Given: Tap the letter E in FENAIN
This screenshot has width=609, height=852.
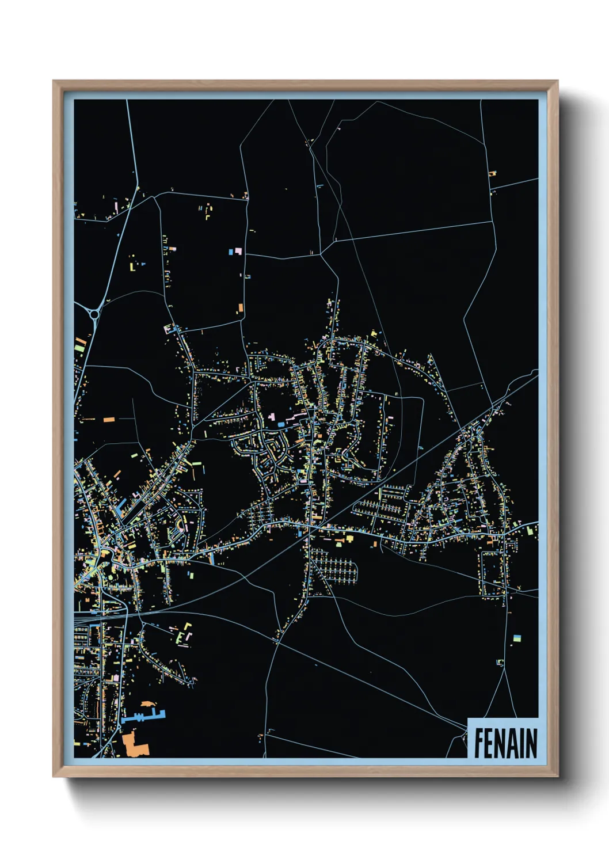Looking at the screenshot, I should pos(490,743).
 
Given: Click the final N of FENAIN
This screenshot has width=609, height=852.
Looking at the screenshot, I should pos(532,743).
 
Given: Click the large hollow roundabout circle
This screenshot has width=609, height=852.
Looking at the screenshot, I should pos(94,314).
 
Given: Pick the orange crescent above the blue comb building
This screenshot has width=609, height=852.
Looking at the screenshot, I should pos(148,704).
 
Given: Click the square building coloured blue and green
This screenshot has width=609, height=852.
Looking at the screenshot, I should pos(517,638).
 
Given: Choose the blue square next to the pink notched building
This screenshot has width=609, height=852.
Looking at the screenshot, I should pos(231,252).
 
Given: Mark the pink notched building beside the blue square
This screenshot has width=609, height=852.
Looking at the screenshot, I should pos(238,252).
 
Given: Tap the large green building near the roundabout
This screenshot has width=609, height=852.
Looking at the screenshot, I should pos(79,347).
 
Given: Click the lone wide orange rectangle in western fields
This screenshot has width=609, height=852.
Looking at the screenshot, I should pos(108,420).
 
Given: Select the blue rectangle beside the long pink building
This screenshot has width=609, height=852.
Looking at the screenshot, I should pos(280,424).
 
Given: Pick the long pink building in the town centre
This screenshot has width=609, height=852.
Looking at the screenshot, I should pos(297,415).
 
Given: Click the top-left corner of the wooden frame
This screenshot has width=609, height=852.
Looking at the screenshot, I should pos(54,81).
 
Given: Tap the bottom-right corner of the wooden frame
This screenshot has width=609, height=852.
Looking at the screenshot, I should pos(557,776).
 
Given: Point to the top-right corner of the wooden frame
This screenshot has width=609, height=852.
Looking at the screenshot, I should pos(557,81).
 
